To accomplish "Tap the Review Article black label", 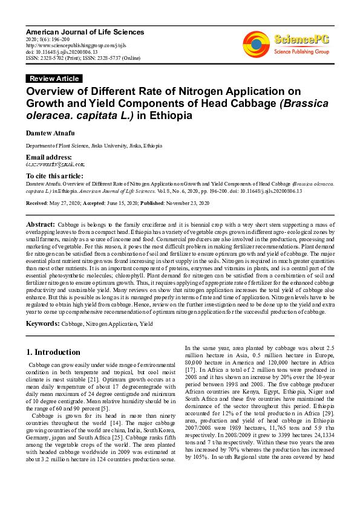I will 54,79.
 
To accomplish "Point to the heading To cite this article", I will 55,176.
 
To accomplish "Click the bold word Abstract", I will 40,224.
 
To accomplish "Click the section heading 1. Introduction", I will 53,352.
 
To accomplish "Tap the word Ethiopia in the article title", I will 174,115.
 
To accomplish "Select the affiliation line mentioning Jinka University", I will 93,146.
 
